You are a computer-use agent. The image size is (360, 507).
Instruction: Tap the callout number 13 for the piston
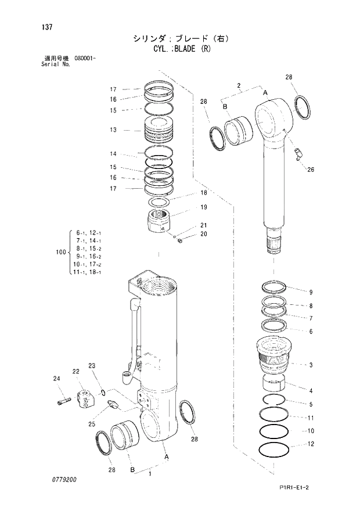(113, 130)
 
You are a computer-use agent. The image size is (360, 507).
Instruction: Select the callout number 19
(204, 207)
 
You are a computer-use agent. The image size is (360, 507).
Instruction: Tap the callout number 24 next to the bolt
(56, 379)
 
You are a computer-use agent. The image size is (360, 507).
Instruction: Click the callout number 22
(75, 371)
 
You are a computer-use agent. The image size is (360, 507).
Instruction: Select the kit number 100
(60, 252)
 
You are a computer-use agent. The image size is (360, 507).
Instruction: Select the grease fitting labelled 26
(297, 154)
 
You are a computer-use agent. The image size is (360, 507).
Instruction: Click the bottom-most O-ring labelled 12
(274, 450)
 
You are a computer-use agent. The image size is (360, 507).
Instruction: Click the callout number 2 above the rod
(238, 86)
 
